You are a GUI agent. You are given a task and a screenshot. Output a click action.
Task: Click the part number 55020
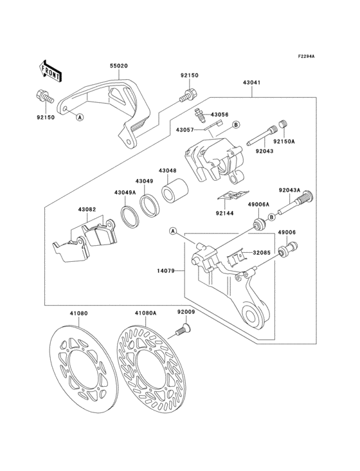tap(118, 66)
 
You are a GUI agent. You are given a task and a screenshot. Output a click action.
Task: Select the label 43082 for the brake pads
tap(87, 210)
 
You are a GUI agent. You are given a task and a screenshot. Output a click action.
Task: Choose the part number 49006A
tap(258, 205)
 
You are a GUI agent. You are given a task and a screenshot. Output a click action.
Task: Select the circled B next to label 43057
tap(236, 124)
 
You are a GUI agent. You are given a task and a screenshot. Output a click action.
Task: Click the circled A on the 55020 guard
tap(80, 117)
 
